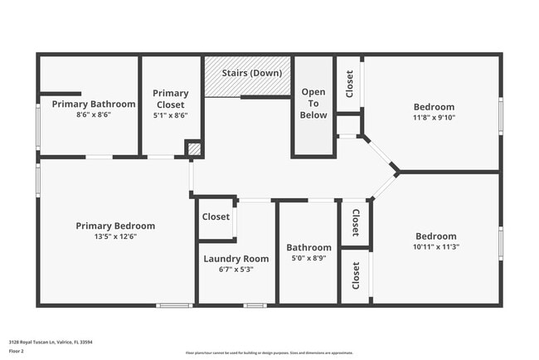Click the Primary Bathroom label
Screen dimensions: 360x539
click(93, 104)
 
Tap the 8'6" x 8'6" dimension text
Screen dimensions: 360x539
click(93, 114)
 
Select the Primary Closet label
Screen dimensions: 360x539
click(171, 99)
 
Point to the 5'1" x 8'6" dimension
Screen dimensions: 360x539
click(171, 115)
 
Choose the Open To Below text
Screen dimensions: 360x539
click(313, 103)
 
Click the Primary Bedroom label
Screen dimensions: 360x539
click(115, 226)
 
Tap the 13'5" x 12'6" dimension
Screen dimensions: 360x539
click(115, 236)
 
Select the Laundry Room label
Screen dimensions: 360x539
click(236, 259)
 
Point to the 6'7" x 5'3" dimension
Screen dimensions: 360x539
click(236, 270)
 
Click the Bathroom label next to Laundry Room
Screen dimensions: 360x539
click(308, 247)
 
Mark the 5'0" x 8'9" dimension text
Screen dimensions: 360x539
click(308, 258)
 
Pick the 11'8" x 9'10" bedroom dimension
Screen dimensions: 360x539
click(434, 117)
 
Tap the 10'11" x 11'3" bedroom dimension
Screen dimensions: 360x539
click(435, 246)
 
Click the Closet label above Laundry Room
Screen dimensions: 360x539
click(216, 216)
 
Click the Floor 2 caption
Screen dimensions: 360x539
click(17, 351)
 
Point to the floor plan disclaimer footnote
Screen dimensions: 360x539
click(269, 353)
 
